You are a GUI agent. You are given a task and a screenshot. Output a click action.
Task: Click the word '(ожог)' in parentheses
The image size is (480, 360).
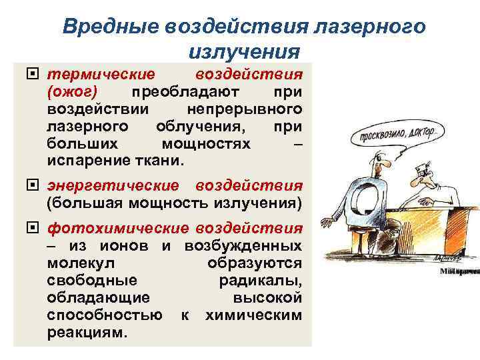tap(74, 91)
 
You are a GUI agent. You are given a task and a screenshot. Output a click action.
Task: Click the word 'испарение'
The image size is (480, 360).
tap(89, 161)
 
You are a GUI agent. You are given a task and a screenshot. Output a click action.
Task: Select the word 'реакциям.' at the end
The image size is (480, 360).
tap(86, 332)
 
